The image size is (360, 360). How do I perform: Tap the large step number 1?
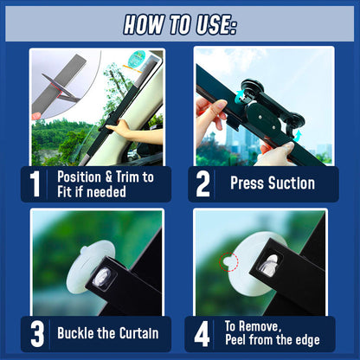click(x=35, y=183)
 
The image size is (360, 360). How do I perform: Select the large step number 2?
click(x=202, y=183)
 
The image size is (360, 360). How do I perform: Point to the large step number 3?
click(x=37, y=334)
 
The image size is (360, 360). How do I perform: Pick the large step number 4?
click(x=202, y=334)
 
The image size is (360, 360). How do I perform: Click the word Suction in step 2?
click(x=292, y=183)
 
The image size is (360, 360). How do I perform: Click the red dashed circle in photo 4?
click(x=228, y=262)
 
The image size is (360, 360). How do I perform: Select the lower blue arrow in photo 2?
click(x=298, y=135)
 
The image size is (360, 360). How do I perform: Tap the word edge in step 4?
click(x=306, y=340)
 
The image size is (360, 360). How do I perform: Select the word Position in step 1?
click(x=79, y=177)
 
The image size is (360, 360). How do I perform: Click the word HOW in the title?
click(x=143, y=24)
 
